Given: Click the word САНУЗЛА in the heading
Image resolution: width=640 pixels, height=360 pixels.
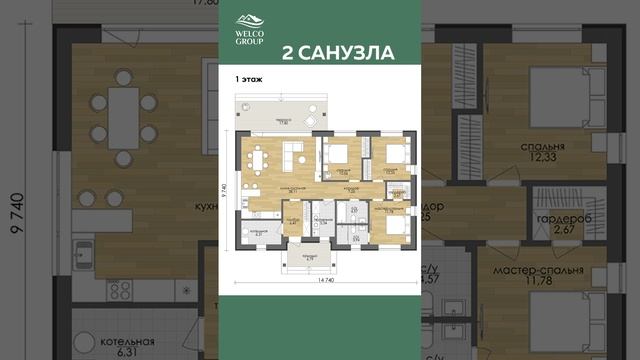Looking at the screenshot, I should pyautogui.click(x=346, y=52).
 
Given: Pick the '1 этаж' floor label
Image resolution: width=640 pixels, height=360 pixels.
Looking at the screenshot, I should pyautogui.click(x=249, y=77).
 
